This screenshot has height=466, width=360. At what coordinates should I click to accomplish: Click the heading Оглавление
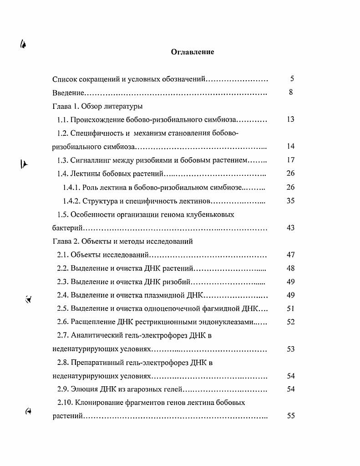coord(193,52)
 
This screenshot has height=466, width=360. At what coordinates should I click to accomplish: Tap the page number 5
coord(292,79)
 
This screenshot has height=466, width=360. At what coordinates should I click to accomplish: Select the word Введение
coord(68,92)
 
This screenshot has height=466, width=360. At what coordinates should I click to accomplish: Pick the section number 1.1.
coord(62,119)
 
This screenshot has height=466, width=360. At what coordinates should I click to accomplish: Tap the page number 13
coord(291,119)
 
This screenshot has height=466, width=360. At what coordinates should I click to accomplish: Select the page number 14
coord(291,146)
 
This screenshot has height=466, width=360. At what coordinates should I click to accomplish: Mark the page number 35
coord(291,200)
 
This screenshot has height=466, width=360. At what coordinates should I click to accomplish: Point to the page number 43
coord(291,228)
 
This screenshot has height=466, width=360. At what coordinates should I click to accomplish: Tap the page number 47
coord(291,255)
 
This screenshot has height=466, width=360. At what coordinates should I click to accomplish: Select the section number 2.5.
coord(62,308)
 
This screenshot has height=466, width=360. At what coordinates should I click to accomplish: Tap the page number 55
coord(291,416)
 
